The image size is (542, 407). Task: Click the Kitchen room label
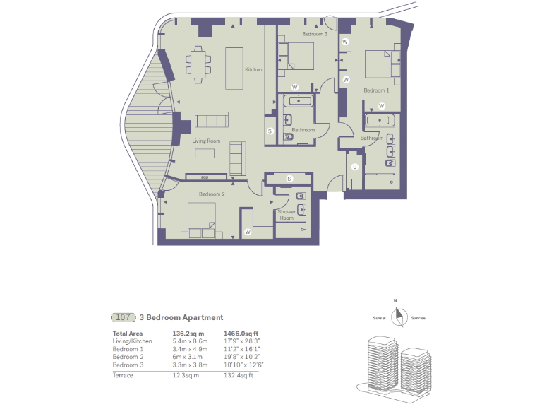point(253,70)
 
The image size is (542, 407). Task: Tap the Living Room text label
point(207,141)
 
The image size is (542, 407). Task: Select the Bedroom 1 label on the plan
point(376,90)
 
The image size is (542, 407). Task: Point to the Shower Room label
point(287,215)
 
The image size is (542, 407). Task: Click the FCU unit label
point(205,177)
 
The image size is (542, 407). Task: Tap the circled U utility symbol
point(355,167)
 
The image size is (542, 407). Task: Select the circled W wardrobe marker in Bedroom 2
point(248,232)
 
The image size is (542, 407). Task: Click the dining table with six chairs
point(199,61)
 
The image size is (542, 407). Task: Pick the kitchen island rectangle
point(234,68)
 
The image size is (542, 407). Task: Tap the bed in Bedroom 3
point(299,55)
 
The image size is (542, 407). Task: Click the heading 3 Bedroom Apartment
point(181,318)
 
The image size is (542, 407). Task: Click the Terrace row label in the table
point(124,375)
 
